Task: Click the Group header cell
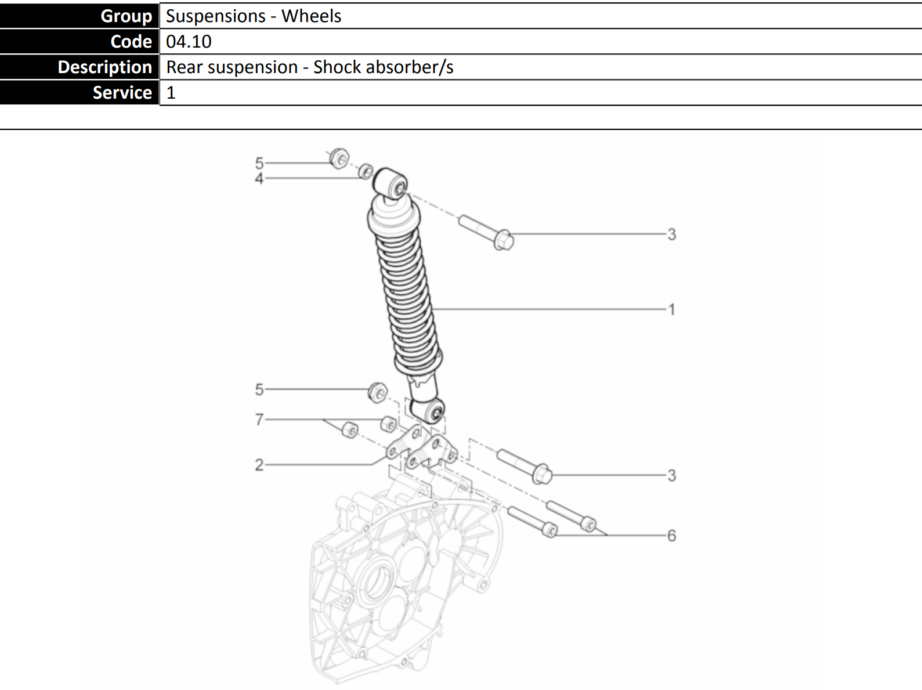(x=79, y=16)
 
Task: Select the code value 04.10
(x=189, y=42)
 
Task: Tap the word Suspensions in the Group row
(x=216, y=16)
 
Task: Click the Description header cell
(x=79, y=67)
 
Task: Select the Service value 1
(x=171, y=92)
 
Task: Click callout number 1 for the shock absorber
(x=672, y=309)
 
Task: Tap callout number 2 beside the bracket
(x=259, y=465)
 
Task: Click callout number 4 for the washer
(x=259, y=179)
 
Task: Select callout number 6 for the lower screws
(x=672, y=536)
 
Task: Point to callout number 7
(x=259, y=419)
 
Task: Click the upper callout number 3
(x=672, y=234)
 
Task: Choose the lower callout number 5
(x=259, y=389)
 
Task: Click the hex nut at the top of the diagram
(x=339, y=158)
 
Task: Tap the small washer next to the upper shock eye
(x=366, y=171)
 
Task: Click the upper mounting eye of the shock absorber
(x=391, y=183)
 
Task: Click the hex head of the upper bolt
(x=504, y=240)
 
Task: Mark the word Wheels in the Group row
(x=311, y=16)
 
